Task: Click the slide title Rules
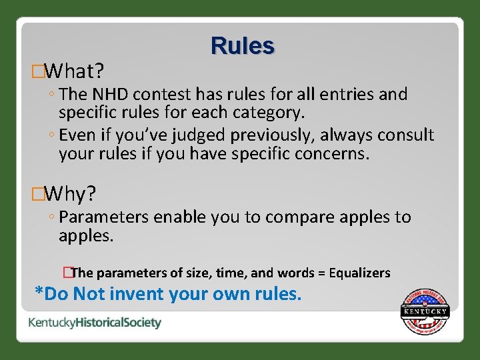[x=242, y=45]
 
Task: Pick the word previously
[x=272, y=136]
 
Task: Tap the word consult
[x=403, y=136]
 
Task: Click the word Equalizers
[x=359, y=273]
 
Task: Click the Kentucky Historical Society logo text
[x=95, y=323]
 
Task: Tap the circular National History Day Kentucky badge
[x=425, y=311]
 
